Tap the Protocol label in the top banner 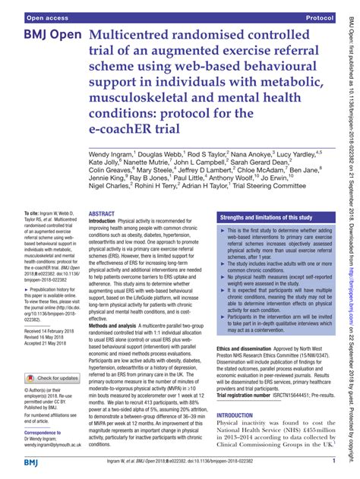click(x=322, y=16)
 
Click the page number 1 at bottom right click(x=333, y=461)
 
